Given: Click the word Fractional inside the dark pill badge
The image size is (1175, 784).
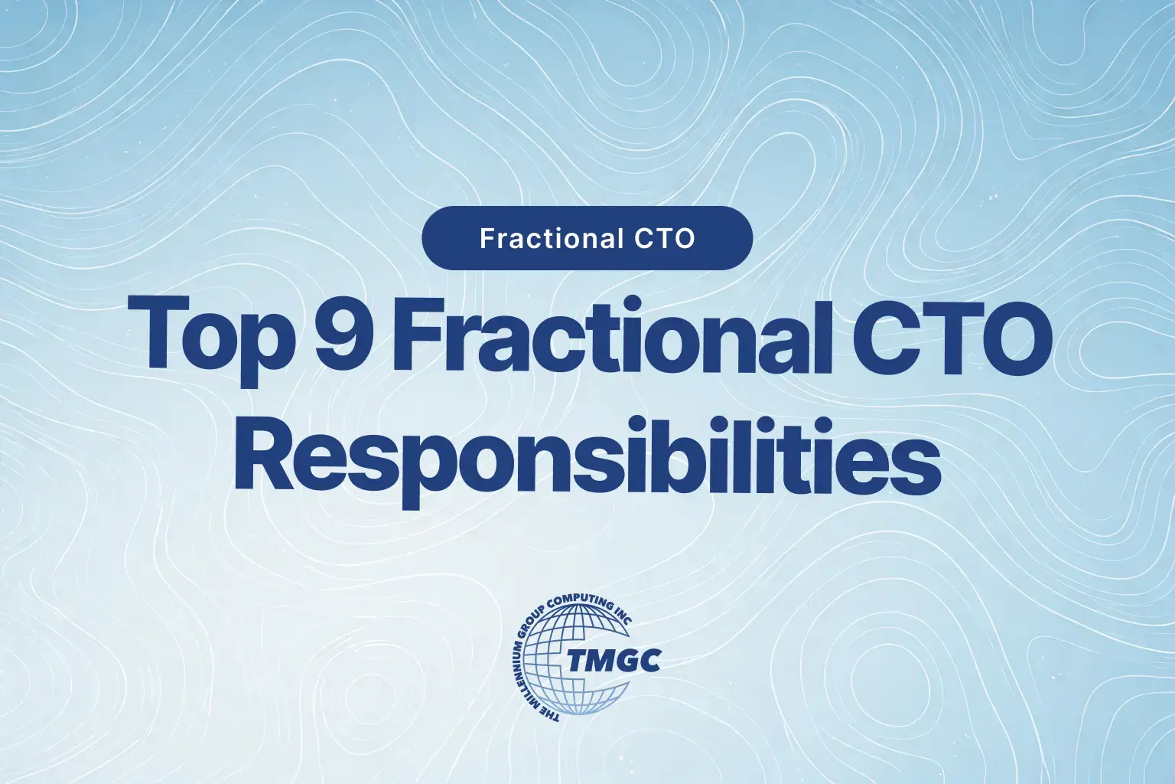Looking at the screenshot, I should coord(551,239).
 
